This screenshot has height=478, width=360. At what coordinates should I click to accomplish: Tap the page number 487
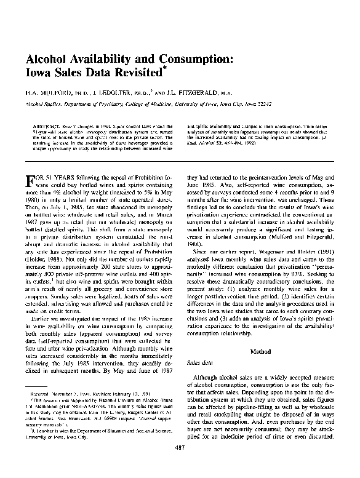(x=181, y=463)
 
